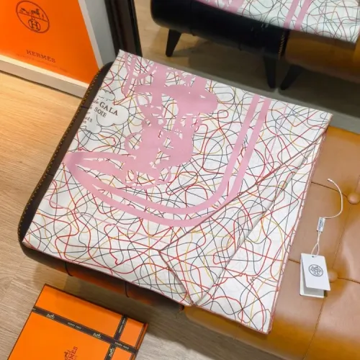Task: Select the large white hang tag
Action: click(315, 271)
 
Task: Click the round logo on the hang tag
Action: click(315, 270)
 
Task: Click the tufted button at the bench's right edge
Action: click(353, 197)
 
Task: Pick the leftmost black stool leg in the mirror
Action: click(174, 42)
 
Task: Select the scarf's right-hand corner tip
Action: click(330, 115)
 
